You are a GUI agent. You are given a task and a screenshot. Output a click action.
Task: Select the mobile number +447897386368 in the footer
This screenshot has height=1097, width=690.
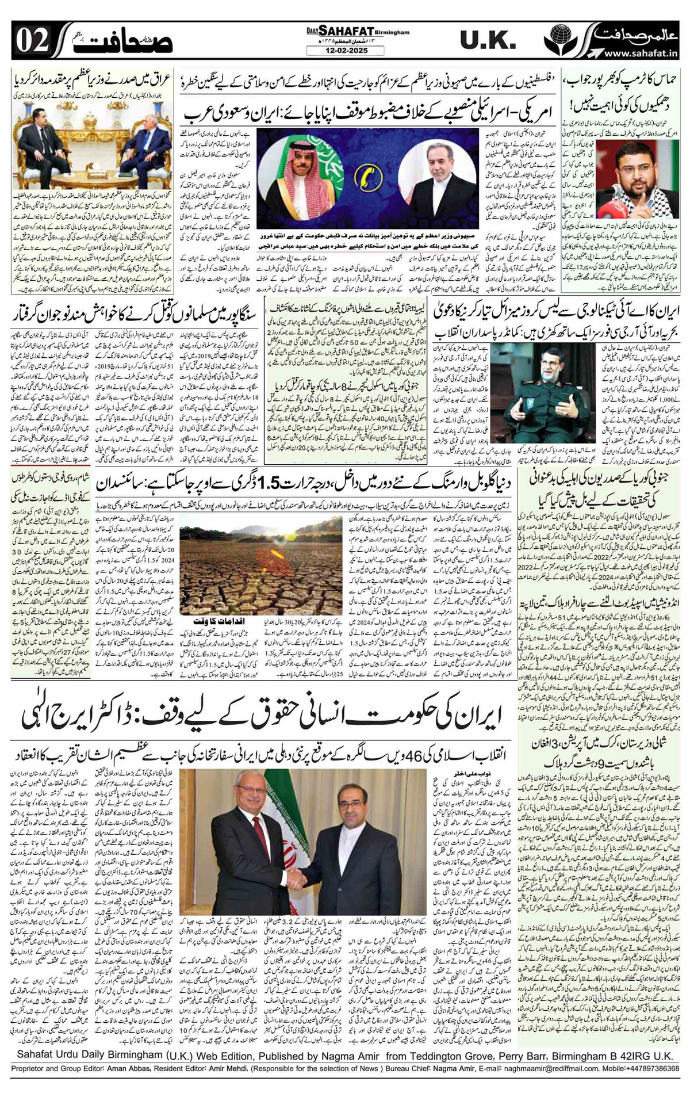(x=647, y=1084)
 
